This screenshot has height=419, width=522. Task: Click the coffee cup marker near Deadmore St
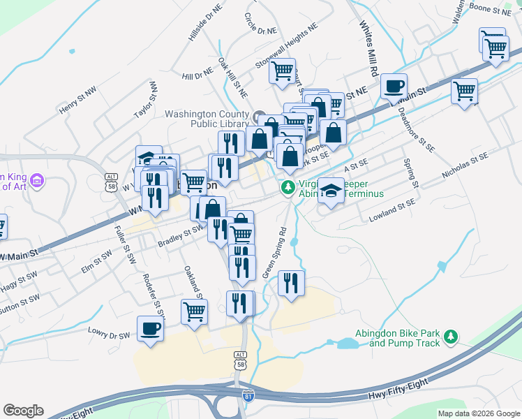coord(394,86)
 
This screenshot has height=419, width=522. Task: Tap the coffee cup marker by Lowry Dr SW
coord(150,328)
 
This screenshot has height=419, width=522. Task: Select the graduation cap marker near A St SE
coord(331,190)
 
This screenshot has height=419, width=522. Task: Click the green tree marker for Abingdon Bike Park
coord(452,337)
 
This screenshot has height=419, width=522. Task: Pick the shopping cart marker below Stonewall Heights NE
coord(283,71)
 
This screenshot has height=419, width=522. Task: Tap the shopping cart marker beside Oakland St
coord(194,311)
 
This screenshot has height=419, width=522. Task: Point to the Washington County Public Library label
coord(207,119)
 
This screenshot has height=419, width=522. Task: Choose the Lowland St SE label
coord(391,210)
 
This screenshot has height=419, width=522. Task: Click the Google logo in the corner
coord(23,411)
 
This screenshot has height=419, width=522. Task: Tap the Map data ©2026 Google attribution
coord(478,413)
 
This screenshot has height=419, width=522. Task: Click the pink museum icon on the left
coord(38,182)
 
